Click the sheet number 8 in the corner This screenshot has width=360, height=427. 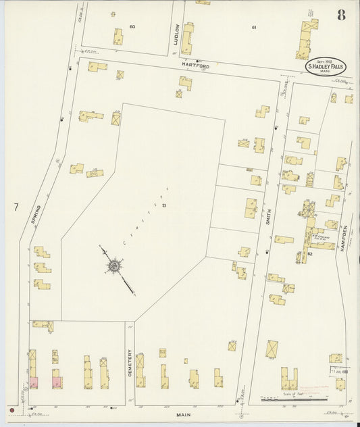(x=342, y=15)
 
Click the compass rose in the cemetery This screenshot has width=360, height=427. (x=114, y=266)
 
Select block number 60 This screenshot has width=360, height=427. (x=132, y=26)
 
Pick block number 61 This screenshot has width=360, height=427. (x=254, y=27)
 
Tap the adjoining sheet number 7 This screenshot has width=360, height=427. (x=14, y=206)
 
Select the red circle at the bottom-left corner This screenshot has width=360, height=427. (x=11, y=409)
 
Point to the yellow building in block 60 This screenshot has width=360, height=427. (x=118, y=36)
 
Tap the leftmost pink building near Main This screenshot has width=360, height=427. (x=33, y=382)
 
